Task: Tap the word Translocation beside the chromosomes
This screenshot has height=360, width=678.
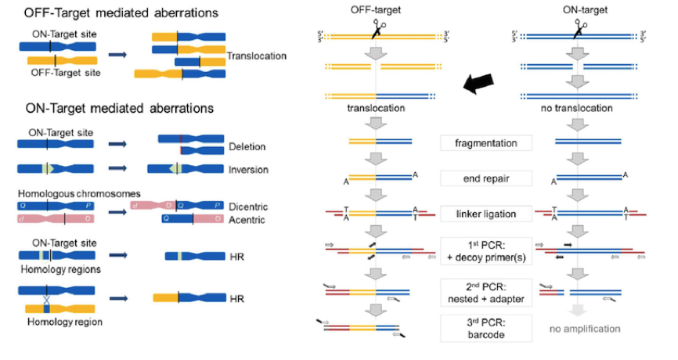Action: click(257, 56)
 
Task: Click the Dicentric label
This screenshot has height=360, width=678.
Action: click(249, 206)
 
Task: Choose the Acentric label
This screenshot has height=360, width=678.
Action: click(248, 220)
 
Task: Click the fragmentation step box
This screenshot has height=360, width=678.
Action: click(487, 143)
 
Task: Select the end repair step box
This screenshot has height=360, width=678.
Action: click(487, 178)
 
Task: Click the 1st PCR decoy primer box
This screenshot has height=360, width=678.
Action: click(487, 253)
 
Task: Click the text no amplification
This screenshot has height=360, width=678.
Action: click(580, 329)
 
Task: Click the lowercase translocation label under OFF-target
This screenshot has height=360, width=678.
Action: click(376, 106)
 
